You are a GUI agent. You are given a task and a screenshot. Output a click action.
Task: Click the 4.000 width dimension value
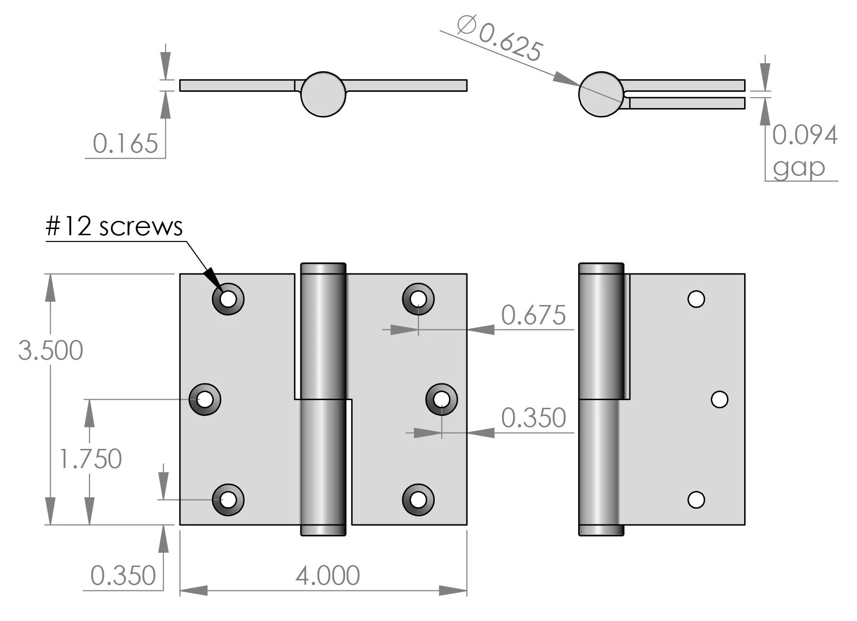click(x=328, y=576)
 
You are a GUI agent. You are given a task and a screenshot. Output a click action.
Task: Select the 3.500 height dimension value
click(x=51, y=350)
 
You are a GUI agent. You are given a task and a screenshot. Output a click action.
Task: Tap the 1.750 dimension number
click(x=90, y=459)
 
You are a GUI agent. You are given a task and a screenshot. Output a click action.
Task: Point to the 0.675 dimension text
click(x=533, y=316)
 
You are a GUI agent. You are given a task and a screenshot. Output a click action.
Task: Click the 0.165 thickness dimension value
click(x=125, y=143)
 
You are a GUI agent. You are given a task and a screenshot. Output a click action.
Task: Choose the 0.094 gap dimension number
click(x=805, y=135)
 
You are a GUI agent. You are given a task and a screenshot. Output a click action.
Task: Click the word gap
click(x=799, y=167)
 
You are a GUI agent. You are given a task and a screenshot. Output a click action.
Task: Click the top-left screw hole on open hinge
click(x=228, y=299)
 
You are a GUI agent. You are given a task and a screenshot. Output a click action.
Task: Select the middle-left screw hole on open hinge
click(x=205, y=399)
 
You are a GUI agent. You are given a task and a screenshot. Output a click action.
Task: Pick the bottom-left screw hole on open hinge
click(x=228, y=500)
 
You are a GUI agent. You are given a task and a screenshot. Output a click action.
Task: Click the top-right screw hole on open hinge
click(x=418, y=299)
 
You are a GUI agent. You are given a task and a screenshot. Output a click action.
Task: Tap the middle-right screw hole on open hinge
click(x=441, y=399)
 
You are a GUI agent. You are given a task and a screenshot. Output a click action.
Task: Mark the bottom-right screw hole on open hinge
click(x=418, y=500)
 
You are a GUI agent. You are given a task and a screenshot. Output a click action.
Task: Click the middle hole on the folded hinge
click(x=720, y=399)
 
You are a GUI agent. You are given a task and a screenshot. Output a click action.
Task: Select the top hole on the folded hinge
click(x=696, y=299)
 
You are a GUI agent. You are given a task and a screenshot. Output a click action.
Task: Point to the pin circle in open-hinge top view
click(x=323, y=94)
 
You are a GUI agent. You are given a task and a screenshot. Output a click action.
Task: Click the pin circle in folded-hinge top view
click(x=601, y=94)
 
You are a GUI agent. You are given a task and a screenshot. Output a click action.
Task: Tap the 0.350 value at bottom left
click(x=123, y=575)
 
